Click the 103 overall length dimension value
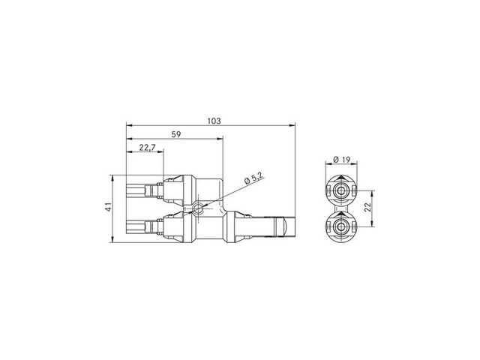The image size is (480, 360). tap(214, 121)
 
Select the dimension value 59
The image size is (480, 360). tap(176, 134)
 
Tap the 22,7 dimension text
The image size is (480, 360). tap(148, 148)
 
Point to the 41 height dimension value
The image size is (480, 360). tap(108, 208)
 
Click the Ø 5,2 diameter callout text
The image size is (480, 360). tap(254, 178)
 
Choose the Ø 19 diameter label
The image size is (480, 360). tap(341, 160)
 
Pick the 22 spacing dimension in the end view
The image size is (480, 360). tap(368, 207)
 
